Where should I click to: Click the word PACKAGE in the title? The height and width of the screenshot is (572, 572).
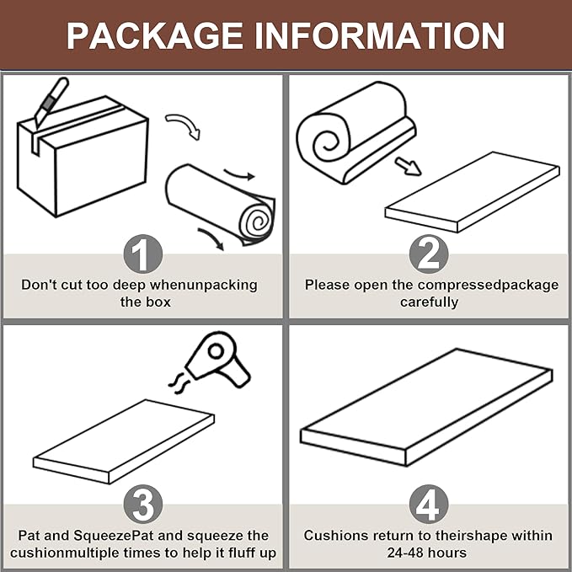click(x=155, y=35)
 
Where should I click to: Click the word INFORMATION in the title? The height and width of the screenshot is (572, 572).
click(x=379, y=35)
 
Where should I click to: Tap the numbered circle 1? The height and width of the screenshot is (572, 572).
click(x=143, y=254)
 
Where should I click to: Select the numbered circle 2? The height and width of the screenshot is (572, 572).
click(x=429, y=254)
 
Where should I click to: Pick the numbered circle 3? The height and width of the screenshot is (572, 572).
click(x=143, y=505)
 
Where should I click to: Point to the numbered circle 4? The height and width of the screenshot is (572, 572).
click(x=429, y=505)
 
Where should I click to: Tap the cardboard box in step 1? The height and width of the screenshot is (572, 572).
click(x=83, y=157)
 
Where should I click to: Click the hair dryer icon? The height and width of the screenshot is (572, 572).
click(x=219, y=360)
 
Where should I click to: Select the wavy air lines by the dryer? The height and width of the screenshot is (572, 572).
click(x=178, y=384)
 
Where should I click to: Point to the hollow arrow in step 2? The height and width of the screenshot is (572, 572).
click(x=408, y=166)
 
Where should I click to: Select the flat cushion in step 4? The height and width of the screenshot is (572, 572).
click(x=427, y=408)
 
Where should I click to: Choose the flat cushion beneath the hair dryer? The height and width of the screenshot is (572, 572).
click(x=124, y=441)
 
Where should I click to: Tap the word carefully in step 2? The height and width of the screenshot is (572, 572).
click(x=429, y=302)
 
